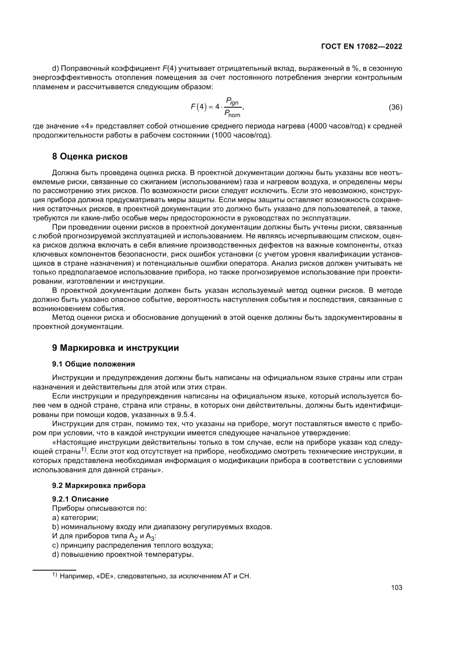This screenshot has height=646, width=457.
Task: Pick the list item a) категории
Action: click(x=75, y=517)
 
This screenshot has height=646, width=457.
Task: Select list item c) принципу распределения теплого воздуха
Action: click(x=132, y=545)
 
